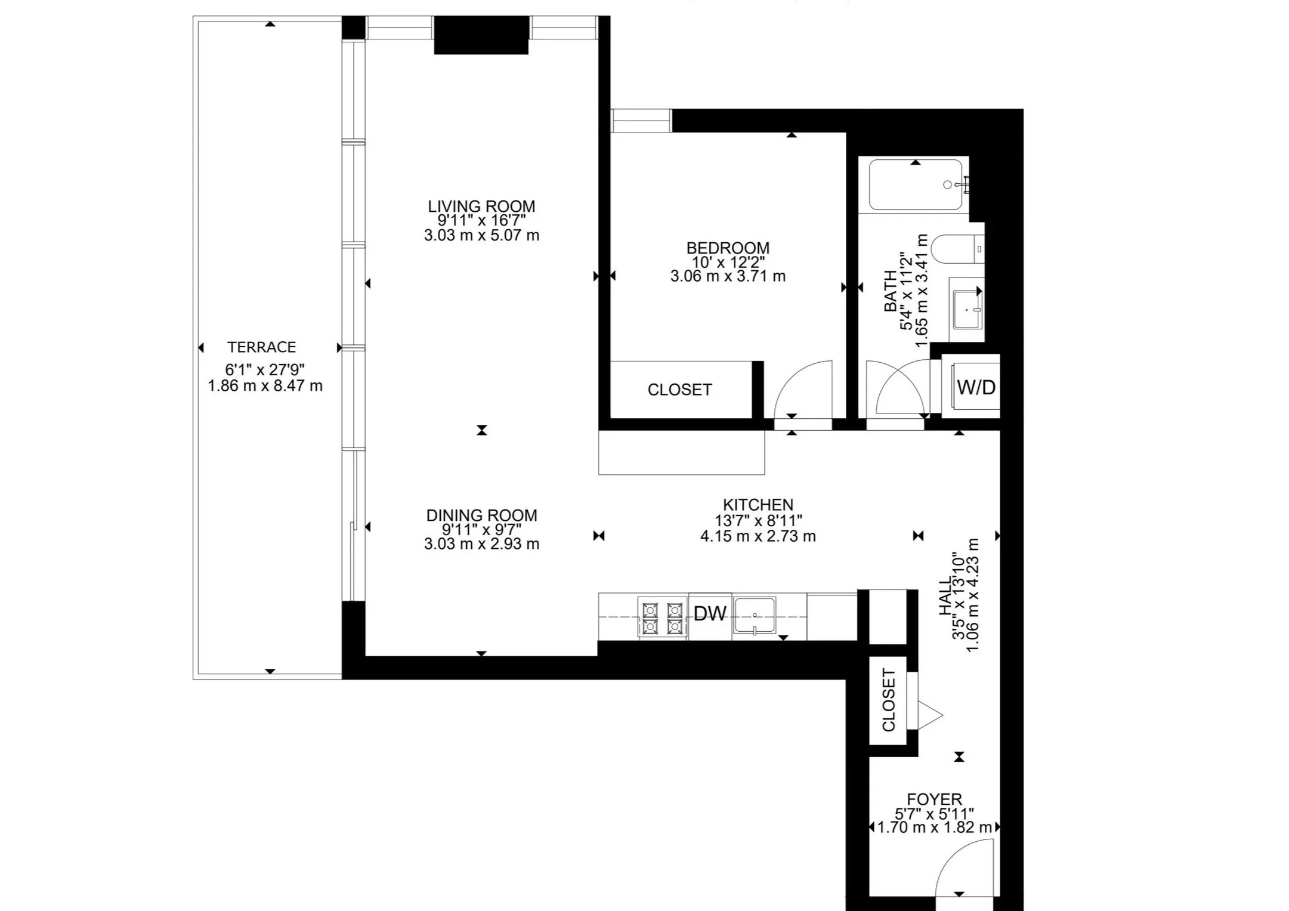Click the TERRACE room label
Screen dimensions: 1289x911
click(261, 347)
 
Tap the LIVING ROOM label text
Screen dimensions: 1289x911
click(481, 206)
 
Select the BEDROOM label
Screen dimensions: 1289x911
click(728, 248)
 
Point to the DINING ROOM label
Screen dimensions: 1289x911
click(481, 515)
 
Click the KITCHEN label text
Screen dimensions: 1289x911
click(758, 505)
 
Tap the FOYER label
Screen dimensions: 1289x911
click(934, 799)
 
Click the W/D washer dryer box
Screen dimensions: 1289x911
click(971, 386)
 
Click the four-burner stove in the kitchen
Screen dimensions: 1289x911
click(663, 618)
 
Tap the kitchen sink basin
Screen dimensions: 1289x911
click(755, 615)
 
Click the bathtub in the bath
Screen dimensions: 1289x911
click(916, 184)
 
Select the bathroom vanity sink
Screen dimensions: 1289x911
click(966, 309)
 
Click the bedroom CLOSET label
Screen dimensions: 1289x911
click(679, 390)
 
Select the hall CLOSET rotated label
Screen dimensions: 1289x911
click(889, 700)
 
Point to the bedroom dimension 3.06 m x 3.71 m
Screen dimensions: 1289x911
click(728, 276)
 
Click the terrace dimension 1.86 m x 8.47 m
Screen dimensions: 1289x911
click(265, 385)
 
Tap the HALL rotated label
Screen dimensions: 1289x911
click(945, 597)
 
